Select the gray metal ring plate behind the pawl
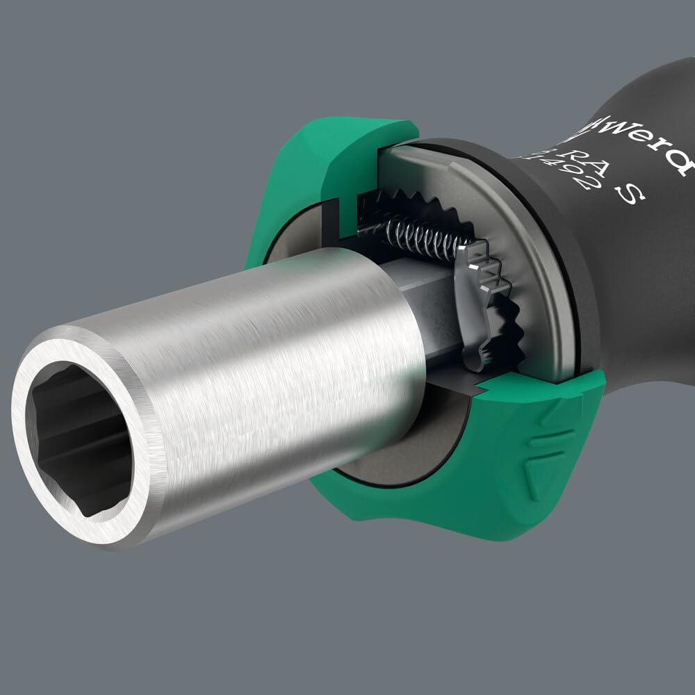coord(535,278)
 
